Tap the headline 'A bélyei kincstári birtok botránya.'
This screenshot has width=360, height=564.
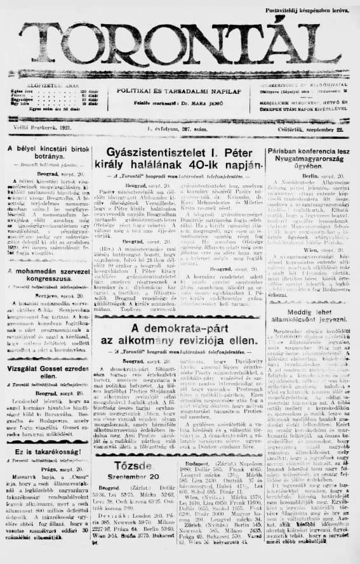[46, 152]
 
